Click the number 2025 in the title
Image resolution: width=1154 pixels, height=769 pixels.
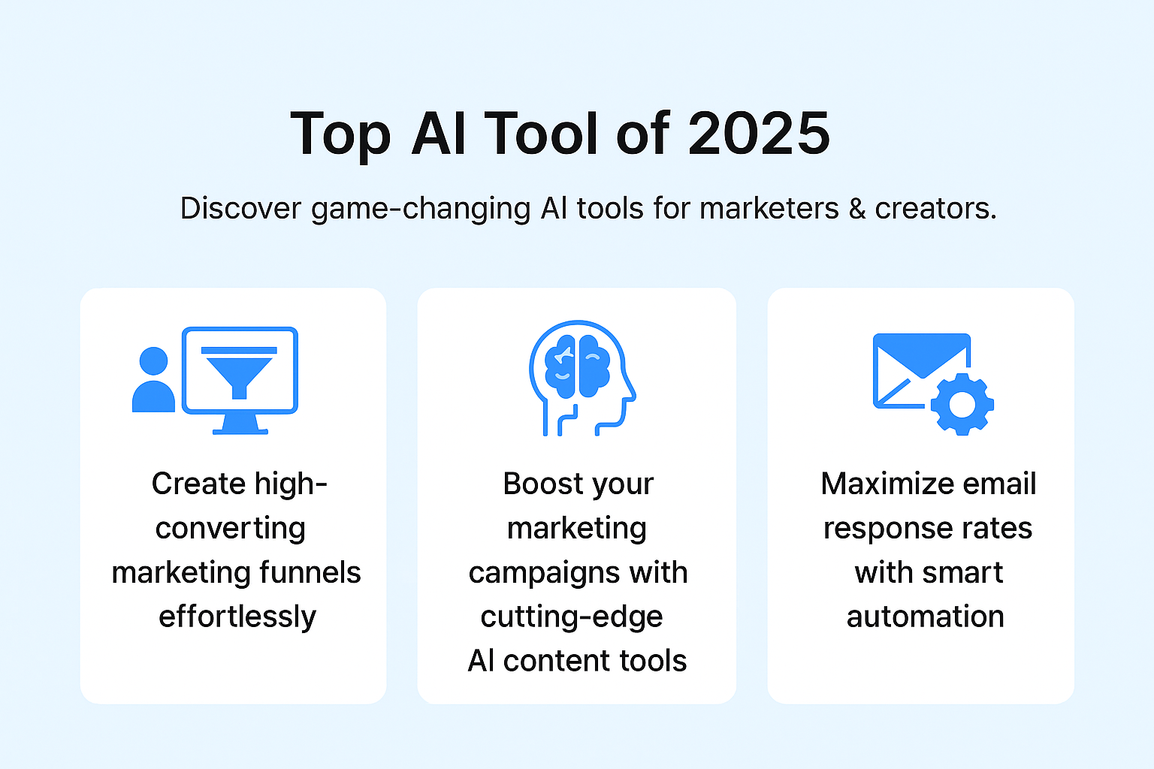tap(759, 134)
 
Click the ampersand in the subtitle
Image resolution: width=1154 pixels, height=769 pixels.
tap(856, 208)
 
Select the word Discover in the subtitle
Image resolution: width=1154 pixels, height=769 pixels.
tap(240, 208)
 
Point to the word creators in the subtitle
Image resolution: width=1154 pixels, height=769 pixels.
tap(935, 209)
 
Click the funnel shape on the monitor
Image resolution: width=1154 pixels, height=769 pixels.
tap(239, 373)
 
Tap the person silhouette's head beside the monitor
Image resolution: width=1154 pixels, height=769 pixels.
tap(153, 361)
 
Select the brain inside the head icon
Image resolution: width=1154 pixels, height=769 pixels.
tap(578, 366)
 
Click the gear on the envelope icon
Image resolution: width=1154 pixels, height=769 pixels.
tap(962, 404)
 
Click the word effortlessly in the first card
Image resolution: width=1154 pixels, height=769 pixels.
tap(237, 617)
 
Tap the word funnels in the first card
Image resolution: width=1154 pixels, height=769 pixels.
tap(310, 572)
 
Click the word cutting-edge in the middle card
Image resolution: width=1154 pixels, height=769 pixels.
tap(571, 617)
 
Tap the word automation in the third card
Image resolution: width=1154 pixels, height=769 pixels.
tap(926, 617)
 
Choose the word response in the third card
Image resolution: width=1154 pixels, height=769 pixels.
tap(884, 529)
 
